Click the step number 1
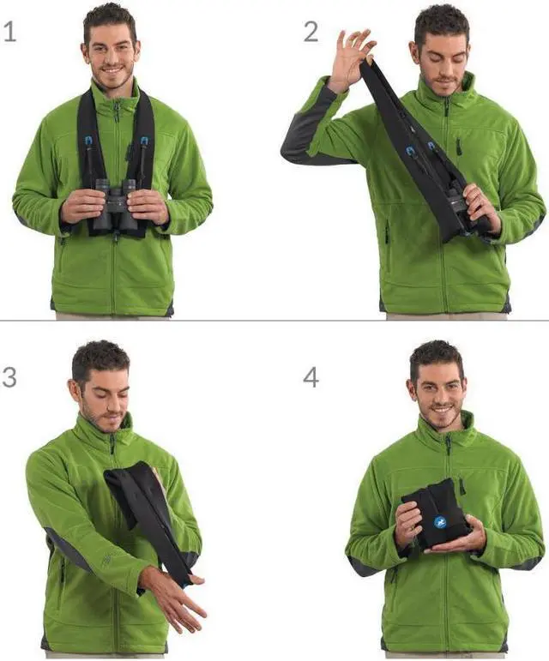pyautogui.click(x=9, y=33)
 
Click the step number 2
pyautogui.click(x=311, y=33)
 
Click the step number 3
pyautogui.click(x=9, y=376)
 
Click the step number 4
pyautogui.click(x=311, y=376)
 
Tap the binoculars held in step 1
pyautogui.click(x=116, y=206)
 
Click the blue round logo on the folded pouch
pyautogui.click(x=440, y=520)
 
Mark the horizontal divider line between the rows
pyautogui.click(x=274, y=321)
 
